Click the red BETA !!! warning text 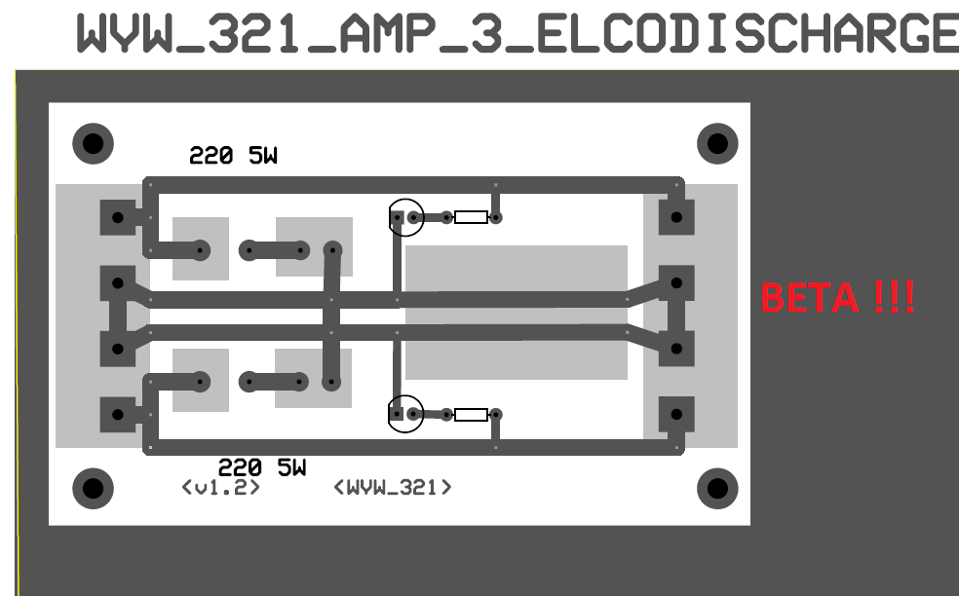(x=837, y=297)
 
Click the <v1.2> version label (x=221, y=487)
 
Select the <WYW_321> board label (x=393, y=487)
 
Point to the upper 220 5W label (x=233, y=155)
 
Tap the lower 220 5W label (x=262, y=467)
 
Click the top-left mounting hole (x=93, y=144)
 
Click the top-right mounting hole (x=717, y=144)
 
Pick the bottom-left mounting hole (x=93, y=489)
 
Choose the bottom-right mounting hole (x=717, y=489)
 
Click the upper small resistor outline (x=472, y=217)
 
